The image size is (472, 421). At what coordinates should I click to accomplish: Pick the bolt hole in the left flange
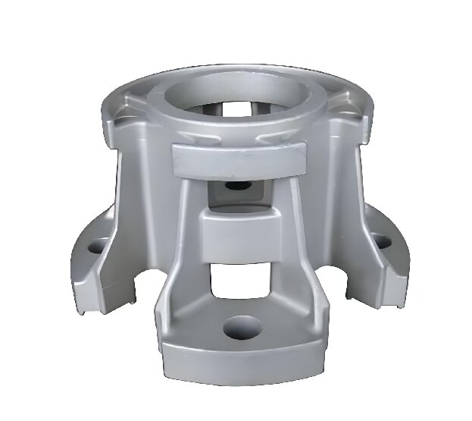click(x=97, y=247)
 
